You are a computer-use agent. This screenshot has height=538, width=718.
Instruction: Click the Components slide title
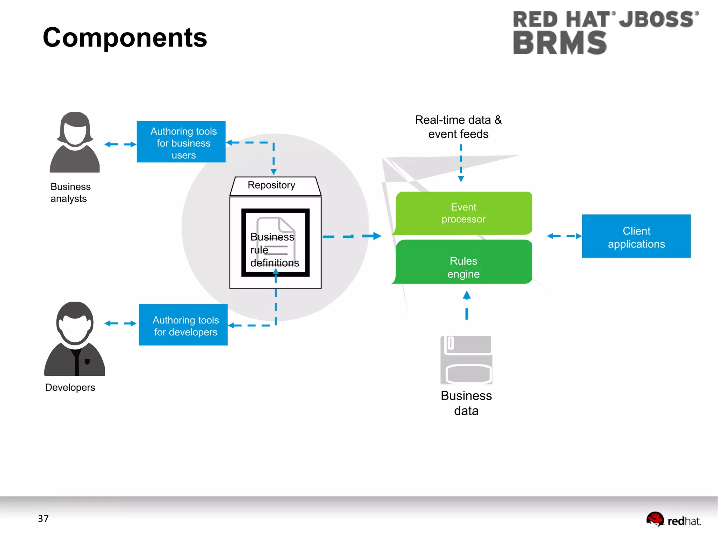(125, 38)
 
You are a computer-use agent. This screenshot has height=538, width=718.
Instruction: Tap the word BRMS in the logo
(560, 43)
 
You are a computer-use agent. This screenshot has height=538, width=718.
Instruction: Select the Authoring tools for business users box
(181, 142)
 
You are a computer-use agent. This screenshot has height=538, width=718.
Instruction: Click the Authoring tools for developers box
(183, 325)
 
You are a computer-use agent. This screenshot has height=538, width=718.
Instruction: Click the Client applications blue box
(636, 236)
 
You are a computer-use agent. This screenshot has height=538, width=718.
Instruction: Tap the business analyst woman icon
(75, 143)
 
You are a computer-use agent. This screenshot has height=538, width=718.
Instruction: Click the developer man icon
(75, 339)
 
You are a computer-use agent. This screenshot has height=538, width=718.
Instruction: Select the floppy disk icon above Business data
(466, 360)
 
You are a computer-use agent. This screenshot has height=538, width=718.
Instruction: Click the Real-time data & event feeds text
(458, 127)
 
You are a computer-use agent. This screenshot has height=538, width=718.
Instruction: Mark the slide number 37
(43, 518)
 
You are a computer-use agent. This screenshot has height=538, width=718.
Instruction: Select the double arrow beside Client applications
(564, 236)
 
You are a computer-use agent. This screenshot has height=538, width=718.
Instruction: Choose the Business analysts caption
(70, 193)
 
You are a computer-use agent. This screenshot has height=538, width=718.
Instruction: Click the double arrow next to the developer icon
(120, 323)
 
